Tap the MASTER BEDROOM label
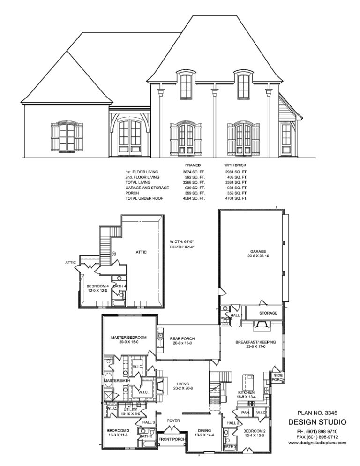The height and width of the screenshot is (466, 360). [x=128, y=337]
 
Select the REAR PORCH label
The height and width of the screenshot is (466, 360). [x=183, y=339]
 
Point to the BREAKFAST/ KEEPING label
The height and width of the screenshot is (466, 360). [x=255, y=342]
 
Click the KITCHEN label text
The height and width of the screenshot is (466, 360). [x=246, y=392]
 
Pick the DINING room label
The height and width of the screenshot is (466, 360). [x=204, y=430]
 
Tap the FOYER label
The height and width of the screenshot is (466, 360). [x=174, y=421]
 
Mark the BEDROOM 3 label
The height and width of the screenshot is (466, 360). [x=118, y=430]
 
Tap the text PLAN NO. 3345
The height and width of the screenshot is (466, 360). [x=317, y=413]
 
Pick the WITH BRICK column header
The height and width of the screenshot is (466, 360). [x=235, y=165]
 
